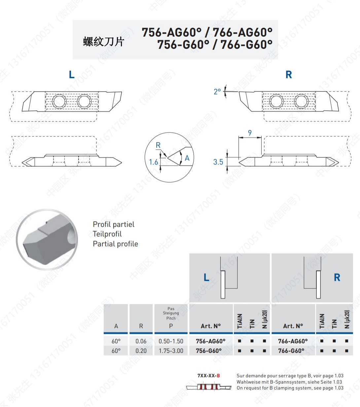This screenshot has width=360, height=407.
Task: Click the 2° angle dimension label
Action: click(217, 92)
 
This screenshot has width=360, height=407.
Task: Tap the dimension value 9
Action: click(250, 133)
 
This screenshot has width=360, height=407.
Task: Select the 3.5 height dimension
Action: click(218, 162)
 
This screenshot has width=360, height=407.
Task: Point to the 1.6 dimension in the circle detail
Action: click(154, 162)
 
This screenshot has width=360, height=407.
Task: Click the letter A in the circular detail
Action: click(187, 158)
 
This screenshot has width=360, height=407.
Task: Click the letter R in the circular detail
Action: click(158, 145)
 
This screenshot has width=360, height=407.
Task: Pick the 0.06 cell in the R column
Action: click(141, 341)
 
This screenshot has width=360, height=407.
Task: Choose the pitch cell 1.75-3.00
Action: click(171, 351)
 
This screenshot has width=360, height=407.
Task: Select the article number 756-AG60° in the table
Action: click(210, 341)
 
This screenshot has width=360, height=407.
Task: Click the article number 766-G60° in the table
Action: click(291, 351)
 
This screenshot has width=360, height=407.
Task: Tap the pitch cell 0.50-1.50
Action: click(171, 341)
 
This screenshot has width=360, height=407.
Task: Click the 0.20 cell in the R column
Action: click(141, 351)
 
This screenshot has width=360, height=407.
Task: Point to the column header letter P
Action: click(171, 326)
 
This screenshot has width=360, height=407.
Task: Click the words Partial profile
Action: click(115, 244)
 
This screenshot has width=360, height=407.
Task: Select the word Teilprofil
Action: click(107, 234)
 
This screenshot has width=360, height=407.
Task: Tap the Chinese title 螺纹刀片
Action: click(104, 42)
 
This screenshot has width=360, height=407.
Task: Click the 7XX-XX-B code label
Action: click(208, 376)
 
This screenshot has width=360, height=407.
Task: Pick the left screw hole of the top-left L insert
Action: click(59, 101)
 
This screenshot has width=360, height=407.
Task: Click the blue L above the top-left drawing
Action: click(72, 75)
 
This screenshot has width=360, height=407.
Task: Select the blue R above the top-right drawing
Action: click(289, 75)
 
